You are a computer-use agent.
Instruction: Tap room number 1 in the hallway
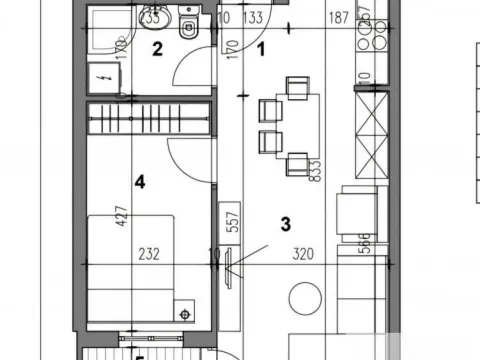click(x=262, y=46)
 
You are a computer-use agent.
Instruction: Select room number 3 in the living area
click(x=285, y=223)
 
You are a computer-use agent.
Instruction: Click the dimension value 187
click(x=339, y=17)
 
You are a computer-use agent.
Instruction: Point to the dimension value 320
click(x=305, y=254)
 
